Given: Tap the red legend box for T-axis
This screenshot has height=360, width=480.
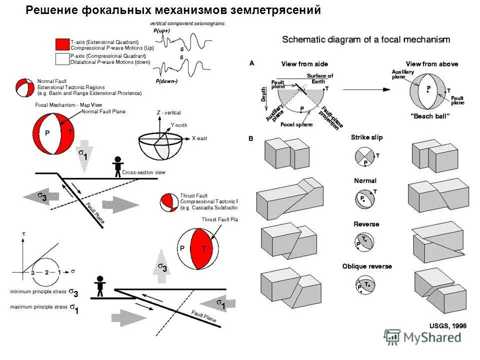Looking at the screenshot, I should [61, 44].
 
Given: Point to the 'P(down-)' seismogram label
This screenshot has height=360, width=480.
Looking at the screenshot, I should [166, 81].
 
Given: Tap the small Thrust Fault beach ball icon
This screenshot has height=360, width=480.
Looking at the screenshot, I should [169, 202].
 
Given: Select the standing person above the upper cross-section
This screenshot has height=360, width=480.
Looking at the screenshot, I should [117, 165].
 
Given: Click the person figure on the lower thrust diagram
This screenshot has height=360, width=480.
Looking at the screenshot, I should [100, 284].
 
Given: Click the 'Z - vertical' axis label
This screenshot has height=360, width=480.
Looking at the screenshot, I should [168, 113].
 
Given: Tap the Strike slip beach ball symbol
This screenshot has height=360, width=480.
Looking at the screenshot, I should [364, 156].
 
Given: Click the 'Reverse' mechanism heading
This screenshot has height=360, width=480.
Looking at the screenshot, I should [366, 224].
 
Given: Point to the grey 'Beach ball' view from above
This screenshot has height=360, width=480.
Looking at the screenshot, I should [428, 92].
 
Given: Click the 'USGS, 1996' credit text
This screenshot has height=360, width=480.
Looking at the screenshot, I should [447, 325].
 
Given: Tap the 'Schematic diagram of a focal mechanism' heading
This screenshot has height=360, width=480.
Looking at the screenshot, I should [366, 39].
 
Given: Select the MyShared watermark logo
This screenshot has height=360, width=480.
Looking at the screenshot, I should [422, 337].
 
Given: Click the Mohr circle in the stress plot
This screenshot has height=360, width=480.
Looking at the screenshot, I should [46, 272].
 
